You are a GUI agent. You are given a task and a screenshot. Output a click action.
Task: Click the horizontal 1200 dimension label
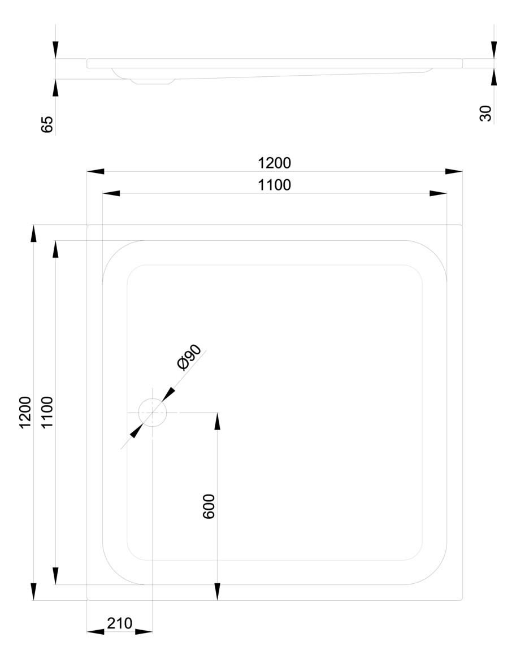pos(274,163)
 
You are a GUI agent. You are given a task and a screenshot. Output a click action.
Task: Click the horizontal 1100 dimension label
pos(274,185)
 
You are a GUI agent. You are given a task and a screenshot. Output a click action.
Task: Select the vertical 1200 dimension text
pos(25,413)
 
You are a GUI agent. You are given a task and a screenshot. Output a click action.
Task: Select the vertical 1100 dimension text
pos(47,413)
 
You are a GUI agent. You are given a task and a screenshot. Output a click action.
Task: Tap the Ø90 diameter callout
pos(189,357)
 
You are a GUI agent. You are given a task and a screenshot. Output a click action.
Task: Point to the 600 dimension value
pos(209,507)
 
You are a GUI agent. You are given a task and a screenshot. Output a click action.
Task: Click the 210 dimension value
pos(119,623)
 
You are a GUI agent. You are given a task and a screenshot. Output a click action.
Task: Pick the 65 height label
pos(47,124)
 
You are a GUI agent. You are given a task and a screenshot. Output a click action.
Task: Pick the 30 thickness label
pos(486,114)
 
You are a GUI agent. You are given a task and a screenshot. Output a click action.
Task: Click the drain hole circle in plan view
pos(153,412)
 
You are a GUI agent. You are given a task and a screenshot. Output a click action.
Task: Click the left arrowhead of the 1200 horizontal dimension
pos(96,171)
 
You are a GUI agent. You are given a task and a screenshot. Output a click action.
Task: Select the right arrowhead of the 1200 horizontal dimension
pos(454,171)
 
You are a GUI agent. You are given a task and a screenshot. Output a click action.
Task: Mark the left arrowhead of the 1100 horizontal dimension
pos(111,193)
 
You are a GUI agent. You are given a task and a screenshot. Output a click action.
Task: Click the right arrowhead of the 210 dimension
pos(144,631)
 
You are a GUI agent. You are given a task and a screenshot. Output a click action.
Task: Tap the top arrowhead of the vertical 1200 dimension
pos(34,233)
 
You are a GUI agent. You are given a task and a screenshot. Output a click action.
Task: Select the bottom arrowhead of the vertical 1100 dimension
pos(55,576)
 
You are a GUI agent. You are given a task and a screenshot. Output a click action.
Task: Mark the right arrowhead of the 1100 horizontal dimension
pos(438,193)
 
